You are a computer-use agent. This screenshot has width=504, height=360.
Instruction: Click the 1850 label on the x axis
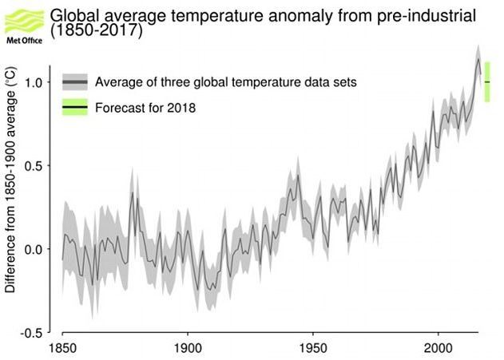pyautogui.click(x=62, y=349)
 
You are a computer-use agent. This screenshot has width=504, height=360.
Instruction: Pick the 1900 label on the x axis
pyautogui.click(x=188, y=349)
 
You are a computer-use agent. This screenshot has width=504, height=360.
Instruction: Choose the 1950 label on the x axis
pyautogui.click(x=312, y=349)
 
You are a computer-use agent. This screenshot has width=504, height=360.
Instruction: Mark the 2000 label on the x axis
pyautogui.click(x=438, y=349)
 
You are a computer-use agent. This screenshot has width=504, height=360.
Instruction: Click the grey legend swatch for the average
pyautogui.click(x=74, y=82)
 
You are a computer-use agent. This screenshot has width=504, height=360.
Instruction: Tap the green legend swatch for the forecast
pyautogui.click(x=74, y=107)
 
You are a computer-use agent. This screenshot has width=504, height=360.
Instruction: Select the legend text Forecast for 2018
pyautogui.click(x=145, y=107)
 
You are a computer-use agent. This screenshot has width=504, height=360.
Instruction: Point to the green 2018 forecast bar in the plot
pyautogui.click(x=487, y=82)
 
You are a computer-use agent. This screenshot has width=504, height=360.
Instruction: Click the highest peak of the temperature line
pyautogui.click(x=478, y=59)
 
